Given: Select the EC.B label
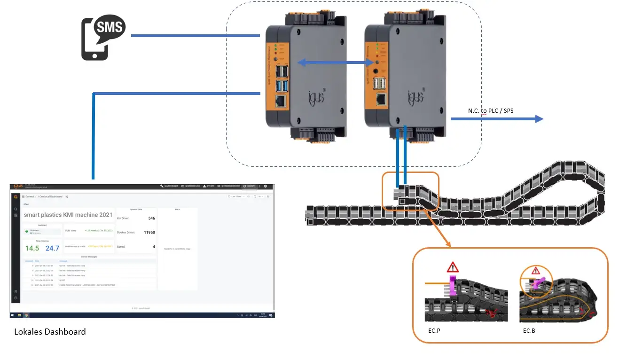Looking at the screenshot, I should [x=529, y=330].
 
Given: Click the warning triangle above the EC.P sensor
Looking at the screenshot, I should [x=453, y=268].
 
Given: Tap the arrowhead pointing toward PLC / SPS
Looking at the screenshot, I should [x=539, y=119].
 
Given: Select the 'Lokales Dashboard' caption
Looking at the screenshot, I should [x=50, y=332].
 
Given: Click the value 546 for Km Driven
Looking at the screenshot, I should [x=151, y=218].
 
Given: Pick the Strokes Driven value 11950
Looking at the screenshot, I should [x=149, y=232].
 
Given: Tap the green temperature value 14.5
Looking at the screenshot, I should [x=32, y=248].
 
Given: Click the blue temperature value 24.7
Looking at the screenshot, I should [x=52, y=248].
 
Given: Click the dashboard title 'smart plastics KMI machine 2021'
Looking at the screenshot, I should [x=68, y=215].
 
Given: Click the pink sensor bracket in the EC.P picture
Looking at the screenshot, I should [x=453, y=286].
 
